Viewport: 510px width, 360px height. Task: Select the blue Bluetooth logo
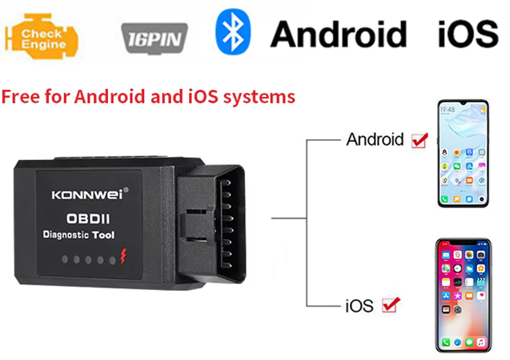(233, 32)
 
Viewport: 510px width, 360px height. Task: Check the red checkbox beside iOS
(391, 305)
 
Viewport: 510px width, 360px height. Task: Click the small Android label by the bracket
(375, 139)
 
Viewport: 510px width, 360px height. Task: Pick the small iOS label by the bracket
(359, 306)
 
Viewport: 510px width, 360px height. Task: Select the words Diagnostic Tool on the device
(79, 236)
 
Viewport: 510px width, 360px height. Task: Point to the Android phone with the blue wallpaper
(463, 153)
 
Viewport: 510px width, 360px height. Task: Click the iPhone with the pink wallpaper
(463, 295)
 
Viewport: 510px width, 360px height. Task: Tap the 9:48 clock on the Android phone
(448, 110)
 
